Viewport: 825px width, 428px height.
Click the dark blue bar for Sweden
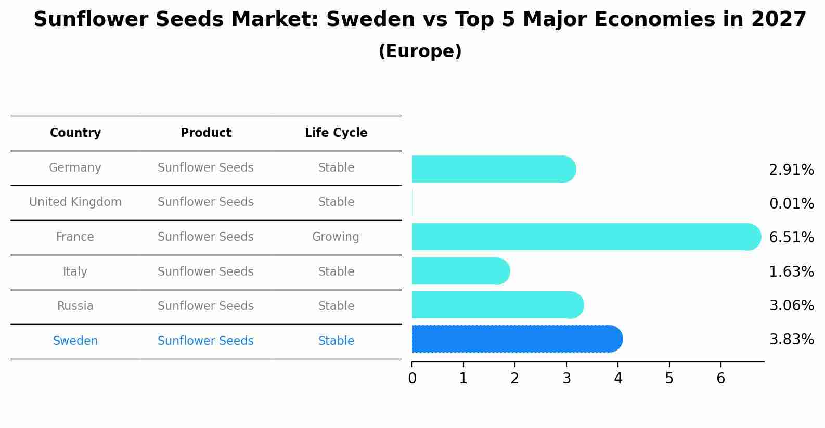coord(517,339)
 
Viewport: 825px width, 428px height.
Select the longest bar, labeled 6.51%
coord(586,237)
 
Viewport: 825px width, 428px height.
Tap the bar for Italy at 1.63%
coord(460,271)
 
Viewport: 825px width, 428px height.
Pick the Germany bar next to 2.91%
coord(493,169)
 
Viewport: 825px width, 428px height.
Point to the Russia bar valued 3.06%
coord(497,305)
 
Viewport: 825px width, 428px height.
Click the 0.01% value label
coord(791,204)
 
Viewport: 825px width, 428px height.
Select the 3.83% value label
coord(791,340)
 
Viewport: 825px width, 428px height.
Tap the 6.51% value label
coord(791,238)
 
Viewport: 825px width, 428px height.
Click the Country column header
coord(75,133)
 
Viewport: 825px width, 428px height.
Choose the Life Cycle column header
coord(336,133)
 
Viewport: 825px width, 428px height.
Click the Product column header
coord(205,133)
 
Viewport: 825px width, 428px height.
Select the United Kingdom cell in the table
coord(75,202)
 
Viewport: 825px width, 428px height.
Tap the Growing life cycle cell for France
coord(336,237)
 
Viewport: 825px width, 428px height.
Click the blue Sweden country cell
coord(75,341)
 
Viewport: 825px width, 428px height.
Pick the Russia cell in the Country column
coord(75,306)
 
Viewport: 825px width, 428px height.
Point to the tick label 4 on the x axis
coord(618,379)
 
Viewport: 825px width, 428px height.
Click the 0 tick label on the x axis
coord(412,379)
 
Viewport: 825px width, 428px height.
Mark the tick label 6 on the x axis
coord(720,379)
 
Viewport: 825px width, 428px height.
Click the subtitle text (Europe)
coord(420,51)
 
